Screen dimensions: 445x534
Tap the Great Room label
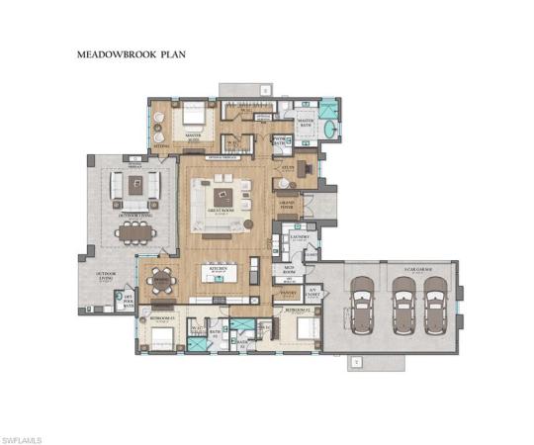click(x=221, y=208)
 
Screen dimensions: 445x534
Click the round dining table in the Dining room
click(x=161, y=284)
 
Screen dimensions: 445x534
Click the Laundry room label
click(x=302, y=237)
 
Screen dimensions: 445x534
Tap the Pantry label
click(x=290, y=294)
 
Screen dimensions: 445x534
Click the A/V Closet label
click(x=310, y=293)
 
